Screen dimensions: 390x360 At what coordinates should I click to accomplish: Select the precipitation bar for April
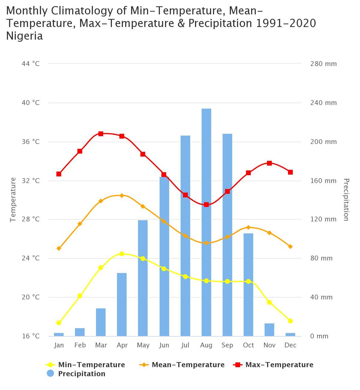click(x=122, y=304)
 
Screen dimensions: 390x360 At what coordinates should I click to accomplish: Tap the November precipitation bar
click(x=269, y=330)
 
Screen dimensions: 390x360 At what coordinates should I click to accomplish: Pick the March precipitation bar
click(x=101, y=322)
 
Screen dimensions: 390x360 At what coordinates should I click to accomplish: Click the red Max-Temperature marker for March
click(x=101, y=134)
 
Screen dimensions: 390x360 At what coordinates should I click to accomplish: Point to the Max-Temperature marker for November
click(x=269, y=163)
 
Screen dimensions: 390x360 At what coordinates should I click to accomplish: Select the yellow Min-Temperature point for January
click(x=59, y=323)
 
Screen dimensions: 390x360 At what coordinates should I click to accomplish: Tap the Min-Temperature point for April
click(x=122, y=254)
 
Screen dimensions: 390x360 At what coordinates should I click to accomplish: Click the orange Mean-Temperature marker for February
click(x=80, y=224)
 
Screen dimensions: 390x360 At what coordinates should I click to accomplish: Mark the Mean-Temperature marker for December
click(x=290, y=247)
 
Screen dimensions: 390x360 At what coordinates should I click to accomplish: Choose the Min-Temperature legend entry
click(x=86, y=365)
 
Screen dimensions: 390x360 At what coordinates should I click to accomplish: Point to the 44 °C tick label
click(x=31, y=64)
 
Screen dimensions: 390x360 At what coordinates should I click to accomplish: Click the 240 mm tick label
click(x=323, y=103)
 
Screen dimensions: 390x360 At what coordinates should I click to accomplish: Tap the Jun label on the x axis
click(x=164, y=345)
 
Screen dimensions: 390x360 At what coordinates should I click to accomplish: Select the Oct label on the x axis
click(x=248, y=345)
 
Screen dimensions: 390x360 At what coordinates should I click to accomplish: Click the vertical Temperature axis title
click(x=13, y=199)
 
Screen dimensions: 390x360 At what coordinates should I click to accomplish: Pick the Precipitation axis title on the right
click(x=346, y=199)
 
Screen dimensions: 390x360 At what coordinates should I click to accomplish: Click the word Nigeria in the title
click(x=25, y=36)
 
